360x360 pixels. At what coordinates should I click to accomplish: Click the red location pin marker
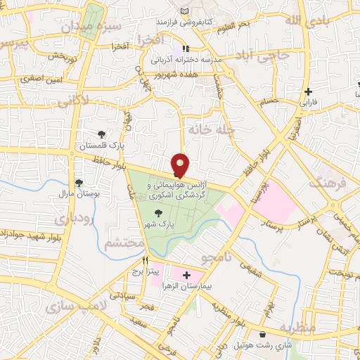tap(181, 165)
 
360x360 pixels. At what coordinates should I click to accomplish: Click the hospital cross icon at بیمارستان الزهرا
tap(186, 275)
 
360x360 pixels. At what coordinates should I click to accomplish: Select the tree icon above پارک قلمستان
tap(103, 134)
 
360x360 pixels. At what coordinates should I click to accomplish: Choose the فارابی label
tap(309, 103)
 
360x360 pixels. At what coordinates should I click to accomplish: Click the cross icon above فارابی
tap(309, 91)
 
